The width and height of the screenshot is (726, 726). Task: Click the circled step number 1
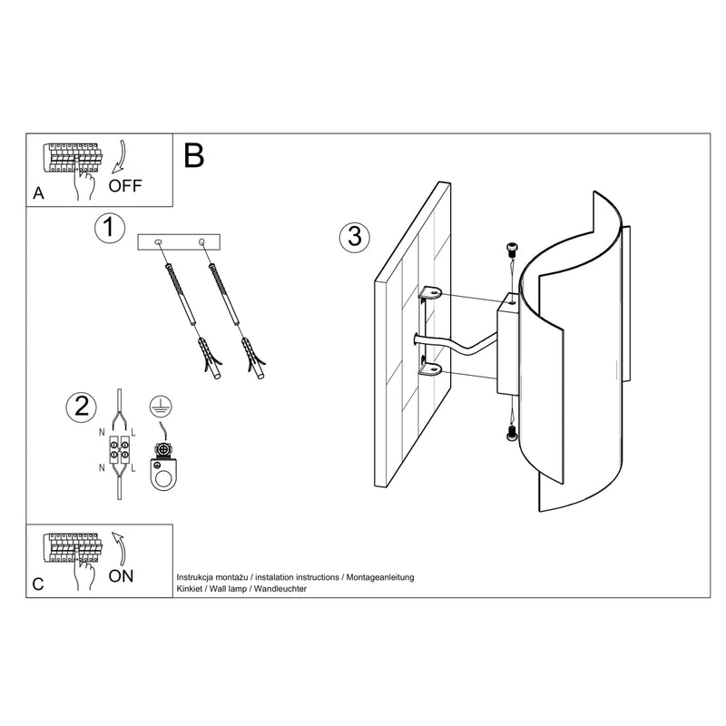click(109, 228)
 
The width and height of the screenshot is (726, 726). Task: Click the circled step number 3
click(354, 237)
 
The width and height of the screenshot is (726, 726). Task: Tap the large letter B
click(194, 156)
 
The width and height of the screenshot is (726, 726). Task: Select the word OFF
click(125, 187)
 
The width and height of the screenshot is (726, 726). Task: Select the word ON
click(122, 575)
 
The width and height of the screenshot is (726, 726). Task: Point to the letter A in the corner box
click(38, 193)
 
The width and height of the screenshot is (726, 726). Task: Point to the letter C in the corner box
click(38, 584)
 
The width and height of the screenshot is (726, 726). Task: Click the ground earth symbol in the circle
click(161, 407)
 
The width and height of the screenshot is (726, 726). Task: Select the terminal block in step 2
click(120, 447)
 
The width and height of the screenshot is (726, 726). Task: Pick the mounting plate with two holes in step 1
click(179, 242)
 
